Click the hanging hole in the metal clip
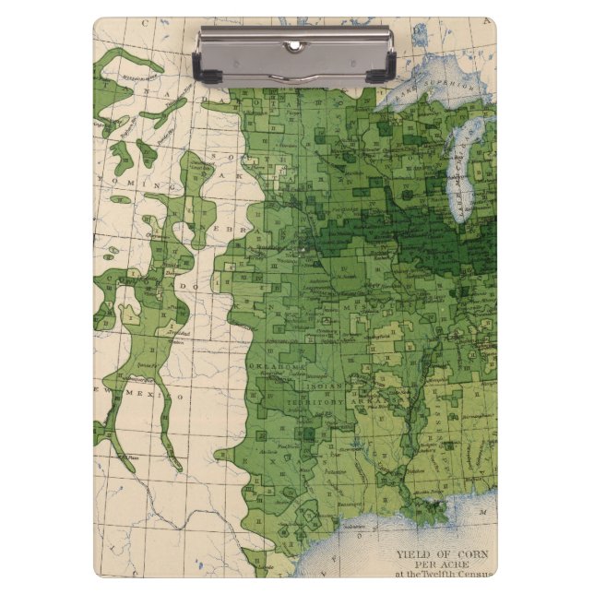pos(294,45)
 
